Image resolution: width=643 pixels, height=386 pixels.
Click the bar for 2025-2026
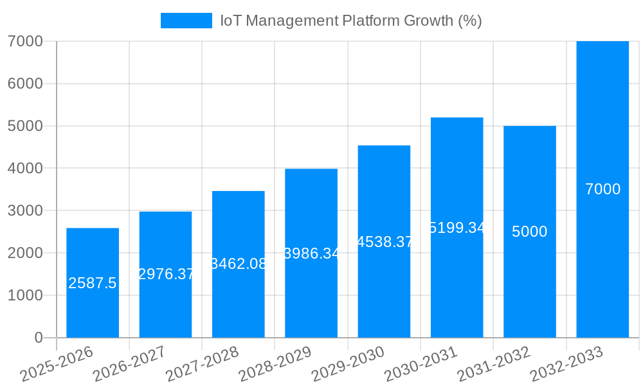[x=93, y=309]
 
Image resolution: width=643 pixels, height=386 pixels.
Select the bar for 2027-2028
[x=238, y=296]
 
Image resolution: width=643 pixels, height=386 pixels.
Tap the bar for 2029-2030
[x=384, y=289]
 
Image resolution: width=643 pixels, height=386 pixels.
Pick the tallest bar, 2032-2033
[x=602, y=129]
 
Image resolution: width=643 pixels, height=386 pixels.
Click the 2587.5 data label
[x=93, y=283]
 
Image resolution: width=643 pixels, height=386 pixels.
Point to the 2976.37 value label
[x=166, y=274]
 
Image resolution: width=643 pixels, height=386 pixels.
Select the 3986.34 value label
[x=311, y=253]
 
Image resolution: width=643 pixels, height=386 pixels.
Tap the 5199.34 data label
[x=457, y=227]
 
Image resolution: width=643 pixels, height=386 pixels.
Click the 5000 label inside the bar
[x=529, y=232]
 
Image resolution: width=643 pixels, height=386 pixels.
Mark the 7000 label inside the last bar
[x=602, y=189]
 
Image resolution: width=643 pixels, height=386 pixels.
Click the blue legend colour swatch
[x=186, y=21]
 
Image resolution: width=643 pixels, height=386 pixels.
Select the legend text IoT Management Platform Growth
[x=350, y=21]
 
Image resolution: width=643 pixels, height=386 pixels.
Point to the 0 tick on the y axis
[x=38, y=338]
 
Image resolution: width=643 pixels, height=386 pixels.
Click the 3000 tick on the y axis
[x=25, y=210]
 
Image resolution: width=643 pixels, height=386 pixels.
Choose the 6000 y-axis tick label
[x=25, y=84]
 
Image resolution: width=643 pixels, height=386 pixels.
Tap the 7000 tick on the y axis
[x=25, y=41]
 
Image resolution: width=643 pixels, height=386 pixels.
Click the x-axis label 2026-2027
[x=129, y=364]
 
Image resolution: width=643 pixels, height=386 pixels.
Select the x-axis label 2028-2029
[x=275, y=364]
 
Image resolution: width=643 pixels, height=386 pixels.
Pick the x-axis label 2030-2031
[x=421, y=364]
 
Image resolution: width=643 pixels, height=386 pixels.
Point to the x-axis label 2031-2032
[x=494, y=364]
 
